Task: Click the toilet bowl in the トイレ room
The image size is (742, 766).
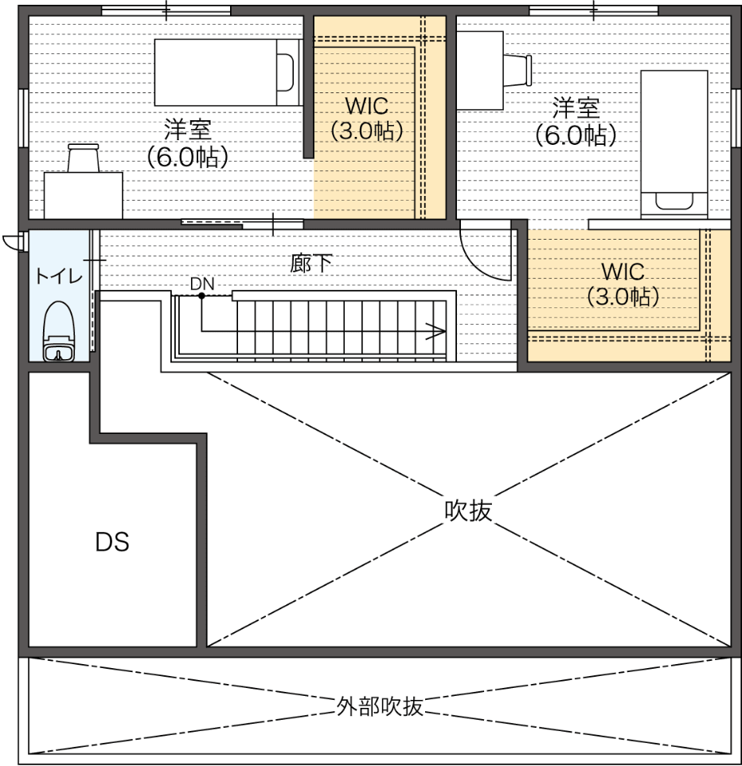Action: pos(59,331)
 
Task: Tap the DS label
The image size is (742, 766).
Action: pos(112,542)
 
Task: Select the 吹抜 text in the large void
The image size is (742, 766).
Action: pos(468,510)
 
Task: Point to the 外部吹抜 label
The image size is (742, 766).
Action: pos(380,706)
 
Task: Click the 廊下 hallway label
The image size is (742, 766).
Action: pos(311,264)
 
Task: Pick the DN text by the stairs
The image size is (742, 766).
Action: pos(202,283)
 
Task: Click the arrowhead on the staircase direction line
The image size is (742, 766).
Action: pos(436,330)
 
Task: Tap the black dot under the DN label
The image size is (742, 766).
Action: pos(201,295)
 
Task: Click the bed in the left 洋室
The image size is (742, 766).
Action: pos(228,72)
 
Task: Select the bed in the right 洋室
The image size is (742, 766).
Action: pos(674,144)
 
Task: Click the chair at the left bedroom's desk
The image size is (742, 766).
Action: pos(84,158)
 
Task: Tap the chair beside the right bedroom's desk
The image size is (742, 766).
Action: pos(517,70)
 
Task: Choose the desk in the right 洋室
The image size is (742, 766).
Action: pos(480,70)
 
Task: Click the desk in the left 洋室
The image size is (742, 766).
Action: pos(83,195)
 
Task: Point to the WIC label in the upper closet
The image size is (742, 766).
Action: pos(366,106)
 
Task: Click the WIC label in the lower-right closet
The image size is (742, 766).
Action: pos(623,272)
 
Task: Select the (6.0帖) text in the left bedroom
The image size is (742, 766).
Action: pos(188,156)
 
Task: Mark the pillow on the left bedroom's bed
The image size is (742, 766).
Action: pos(286,72)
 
